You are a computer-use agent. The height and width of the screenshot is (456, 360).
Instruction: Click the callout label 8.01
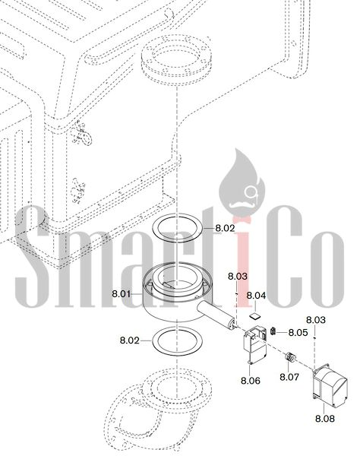pyautogui.click(x=122, y=294)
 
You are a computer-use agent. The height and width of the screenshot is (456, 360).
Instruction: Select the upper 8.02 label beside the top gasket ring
pyautogui.click(x=225, y=228)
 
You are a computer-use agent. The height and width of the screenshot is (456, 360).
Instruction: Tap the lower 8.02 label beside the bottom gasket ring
pyautogui.click(x=130, y=340)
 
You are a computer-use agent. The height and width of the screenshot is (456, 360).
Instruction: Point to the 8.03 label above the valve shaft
pyautogui.click(x=238, y=277)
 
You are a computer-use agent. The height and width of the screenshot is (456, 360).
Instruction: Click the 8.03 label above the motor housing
pyautogui.click(x=316, y=320)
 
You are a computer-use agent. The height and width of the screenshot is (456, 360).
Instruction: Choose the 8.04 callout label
pyautogui.click(x=256, y=296)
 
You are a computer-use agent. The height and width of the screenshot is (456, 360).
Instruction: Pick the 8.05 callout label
pyautogui.click(x=298, y=332)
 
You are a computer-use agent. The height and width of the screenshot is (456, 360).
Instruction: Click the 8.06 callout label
pyautogui.click(x=251, y=381)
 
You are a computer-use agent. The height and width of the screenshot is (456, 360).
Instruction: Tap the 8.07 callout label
pyautogui.click(x=289, y=377)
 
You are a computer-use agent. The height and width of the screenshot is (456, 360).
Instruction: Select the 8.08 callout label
pyautogui.click(x=325, y=419)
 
